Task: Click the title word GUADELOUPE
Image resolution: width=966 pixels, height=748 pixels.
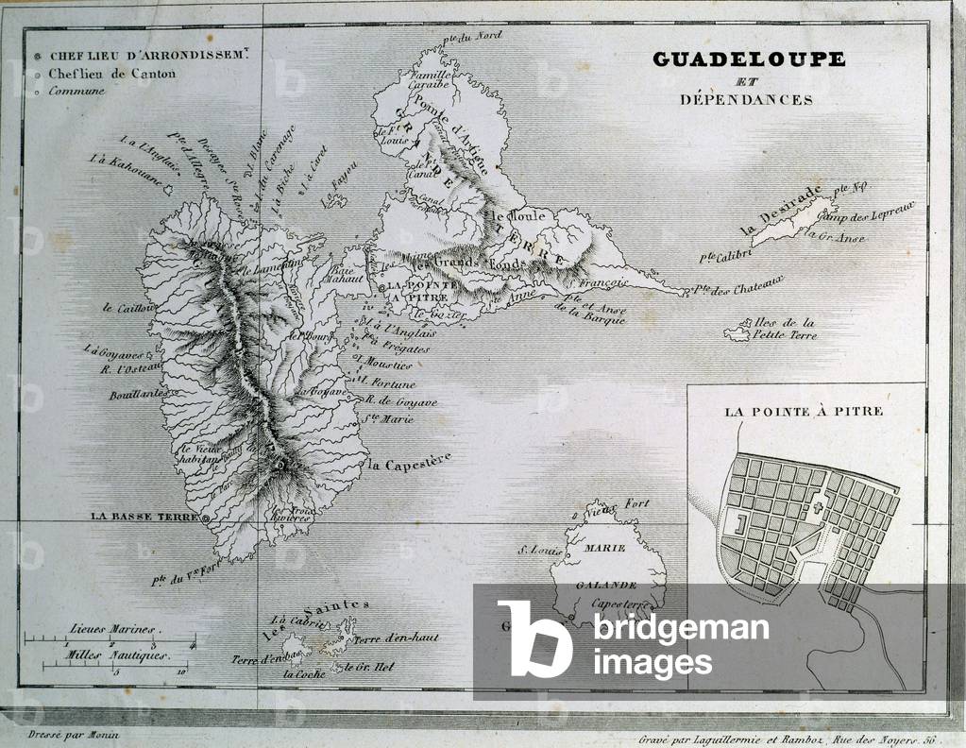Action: point(749,59)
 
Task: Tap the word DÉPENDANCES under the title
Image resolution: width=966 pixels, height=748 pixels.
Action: point(746,99)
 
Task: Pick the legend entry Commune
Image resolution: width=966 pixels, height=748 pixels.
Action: point(76,92)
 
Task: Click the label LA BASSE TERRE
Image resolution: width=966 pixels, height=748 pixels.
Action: point(144,517)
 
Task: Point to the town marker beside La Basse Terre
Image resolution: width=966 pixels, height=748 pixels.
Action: point(206,518)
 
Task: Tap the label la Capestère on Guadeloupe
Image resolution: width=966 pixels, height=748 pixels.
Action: point(410,462)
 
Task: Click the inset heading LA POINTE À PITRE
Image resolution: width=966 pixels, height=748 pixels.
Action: point(804,412)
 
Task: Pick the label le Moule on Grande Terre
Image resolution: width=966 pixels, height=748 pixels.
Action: point(510,218)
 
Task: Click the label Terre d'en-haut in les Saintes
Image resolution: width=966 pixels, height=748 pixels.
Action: point(397,637)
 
